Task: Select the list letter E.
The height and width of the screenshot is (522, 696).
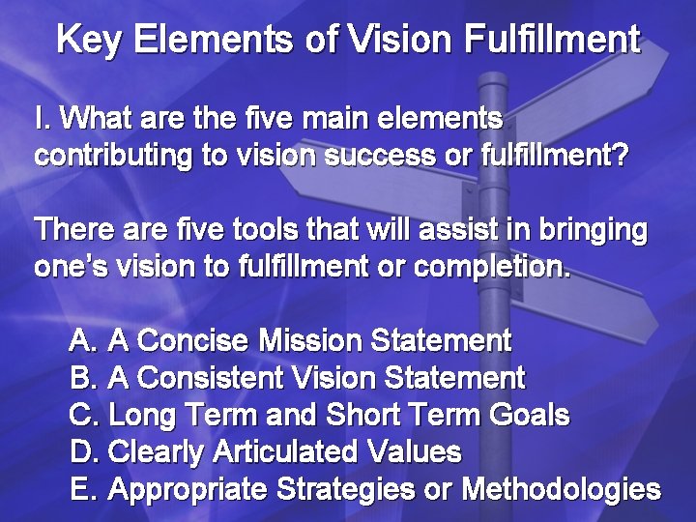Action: [82, 489]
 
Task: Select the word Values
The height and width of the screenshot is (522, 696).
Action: [416, 451]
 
